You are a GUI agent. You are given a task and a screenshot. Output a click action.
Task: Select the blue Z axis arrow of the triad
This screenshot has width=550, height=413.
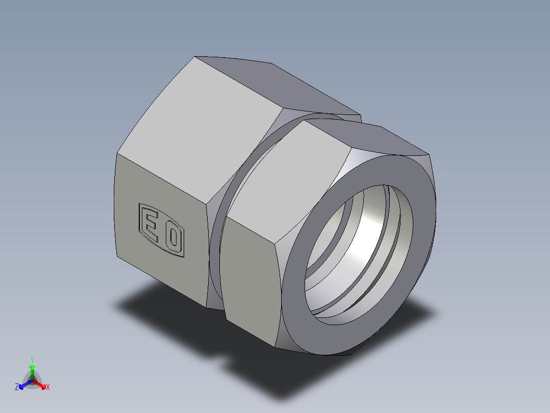[23, 385]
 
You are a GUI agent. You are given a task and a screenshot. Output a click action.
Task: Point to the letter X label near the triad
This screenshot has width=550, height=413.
[48, 387]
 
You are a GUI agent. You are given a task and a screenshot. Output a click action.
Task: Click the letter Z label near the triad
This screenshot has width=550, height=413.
[17, 387]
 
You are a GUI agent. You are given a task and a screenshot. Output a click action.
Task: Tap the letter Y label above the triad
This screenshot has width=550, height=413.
[32, 359]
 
